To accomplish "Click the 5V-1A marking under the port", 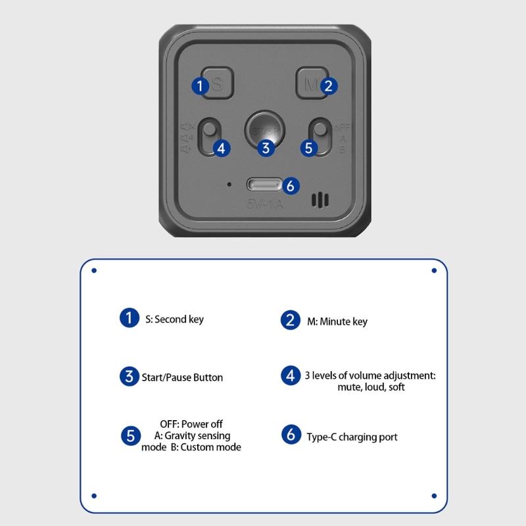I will [264, 204].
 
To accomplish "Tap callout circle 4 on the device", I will [222, 148].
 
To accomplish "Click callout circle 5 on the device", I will [309, 148].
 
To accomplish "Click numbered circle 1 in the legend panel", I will [130, 318].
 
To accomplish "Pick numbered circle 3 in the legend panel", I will [129, 377].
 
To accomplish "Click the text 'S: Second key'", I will [174, 320].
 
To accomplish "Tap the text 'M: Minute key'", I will [337, 322].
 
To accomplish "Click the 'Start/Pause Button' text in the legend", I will [182, 377].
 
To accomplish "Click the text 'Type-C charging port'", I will [352, 437].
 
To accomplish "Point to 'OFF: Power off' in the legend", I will [191, 424].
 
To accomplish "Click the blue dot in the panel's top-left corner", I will [94, 270].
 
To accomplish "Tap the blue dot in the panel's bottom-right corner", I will [434, 495].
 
